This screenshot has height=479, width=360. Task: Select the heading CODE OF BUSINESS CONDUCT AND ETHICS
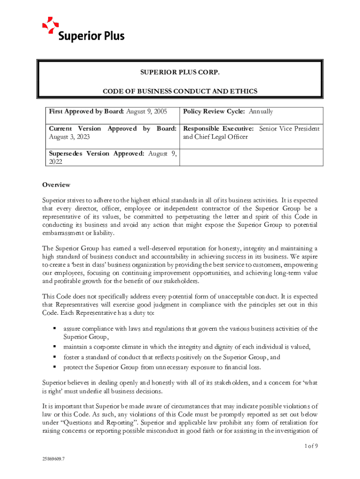(180, 91)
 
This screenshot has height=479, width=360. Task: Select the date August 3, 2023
(70, 138)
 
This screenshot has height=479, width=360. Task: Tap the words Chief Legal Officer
(216, 138)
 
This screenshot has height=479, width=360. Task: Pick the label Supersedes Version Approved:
(97, 153)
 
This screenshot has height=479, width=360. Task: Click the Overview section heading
(56, 185)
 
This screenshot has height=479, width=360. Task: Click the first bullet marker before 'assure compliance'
(54, 328)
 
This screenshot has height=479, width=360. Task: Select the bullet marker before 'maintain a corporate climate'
(54, 347)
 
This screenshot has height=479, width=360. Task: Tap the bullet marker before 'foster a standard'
(54, 357)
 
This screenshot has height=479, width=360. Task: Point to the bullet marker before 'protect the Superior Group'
(54, 367)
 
